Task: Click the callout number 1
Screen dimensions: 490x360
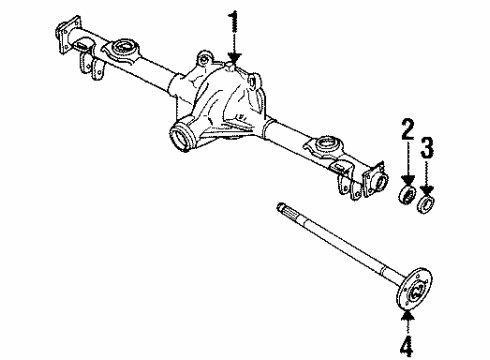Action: tap(234, 20)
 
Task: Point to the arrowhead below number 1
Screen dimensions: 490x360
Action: tap(234, 62)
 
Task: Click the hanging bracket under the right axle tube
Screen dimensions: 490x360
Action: tap(346, 182)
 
